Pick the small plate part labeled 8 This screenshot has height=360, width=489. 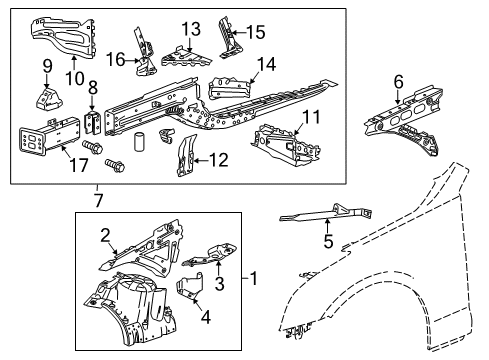[x=95, y=122]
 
